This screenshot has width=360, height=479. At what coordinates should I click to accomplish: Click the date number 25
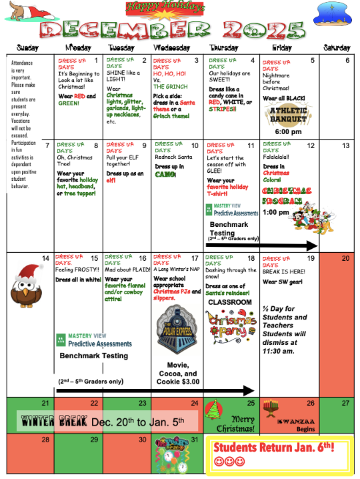251,403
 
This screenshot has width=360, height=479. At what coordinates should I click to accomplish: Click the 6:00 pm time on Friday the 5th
287,132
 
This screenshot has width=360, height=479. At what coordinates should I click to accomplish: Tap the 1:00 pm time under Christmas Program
271,212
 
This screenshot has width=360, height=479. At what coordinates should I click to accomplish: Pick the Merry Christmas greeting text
238,423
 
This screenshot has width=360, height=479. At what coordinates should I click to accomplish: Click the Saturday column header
337,48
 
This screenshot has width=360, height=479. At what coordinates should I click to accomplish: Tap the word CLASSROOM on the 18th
229,303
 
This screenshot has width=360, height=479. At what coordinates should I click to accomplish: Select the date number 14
45,258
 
